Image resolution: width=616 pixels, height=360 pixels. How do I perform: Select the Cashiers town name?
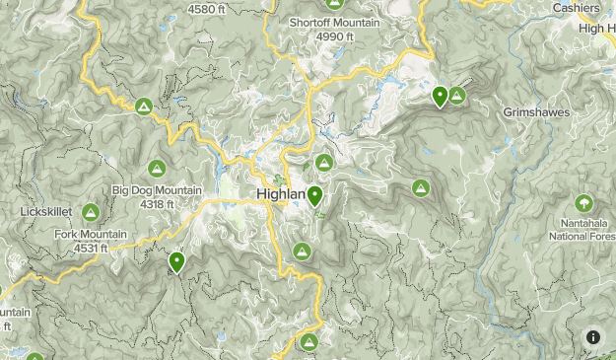tap(577, 8)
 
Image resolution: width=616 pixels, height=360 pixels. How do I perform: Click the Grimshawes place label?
tap(536, 112)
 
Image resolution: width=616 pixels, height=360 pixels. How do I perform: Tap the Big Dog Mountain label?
tap(157, 190)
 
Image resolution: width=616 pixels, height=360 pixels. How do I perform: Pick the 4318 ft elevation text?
tap(157, 204)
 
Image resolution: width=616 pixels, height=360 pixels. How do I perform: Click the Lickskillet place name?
tap(40, 211)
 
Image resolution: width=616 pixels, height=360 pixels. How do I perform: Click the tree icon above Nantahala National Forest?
tap(584, 203)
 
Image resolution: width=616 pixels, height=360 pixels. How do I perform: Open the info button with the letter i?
tap(593, 337)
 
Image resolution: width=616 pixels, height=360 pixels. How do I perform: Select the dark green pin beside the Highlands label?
tap(314, 196)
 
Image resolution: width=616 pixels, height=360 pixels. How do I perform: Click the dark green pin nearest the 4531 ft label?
tap(177, 262)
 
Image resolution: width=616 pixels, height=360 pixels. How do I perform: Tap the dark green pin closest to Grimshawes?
tap(440, 97)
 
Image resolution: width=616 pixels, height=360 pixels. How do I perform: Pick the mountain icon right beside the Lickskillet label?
tap(91, 211)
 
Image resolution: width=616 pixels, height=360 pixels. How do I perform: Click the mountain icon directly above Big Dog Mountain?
tap(157, 169)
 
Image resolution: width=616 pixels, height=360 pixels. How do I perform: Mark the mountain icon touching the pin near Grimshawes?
tap(457, 95)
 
